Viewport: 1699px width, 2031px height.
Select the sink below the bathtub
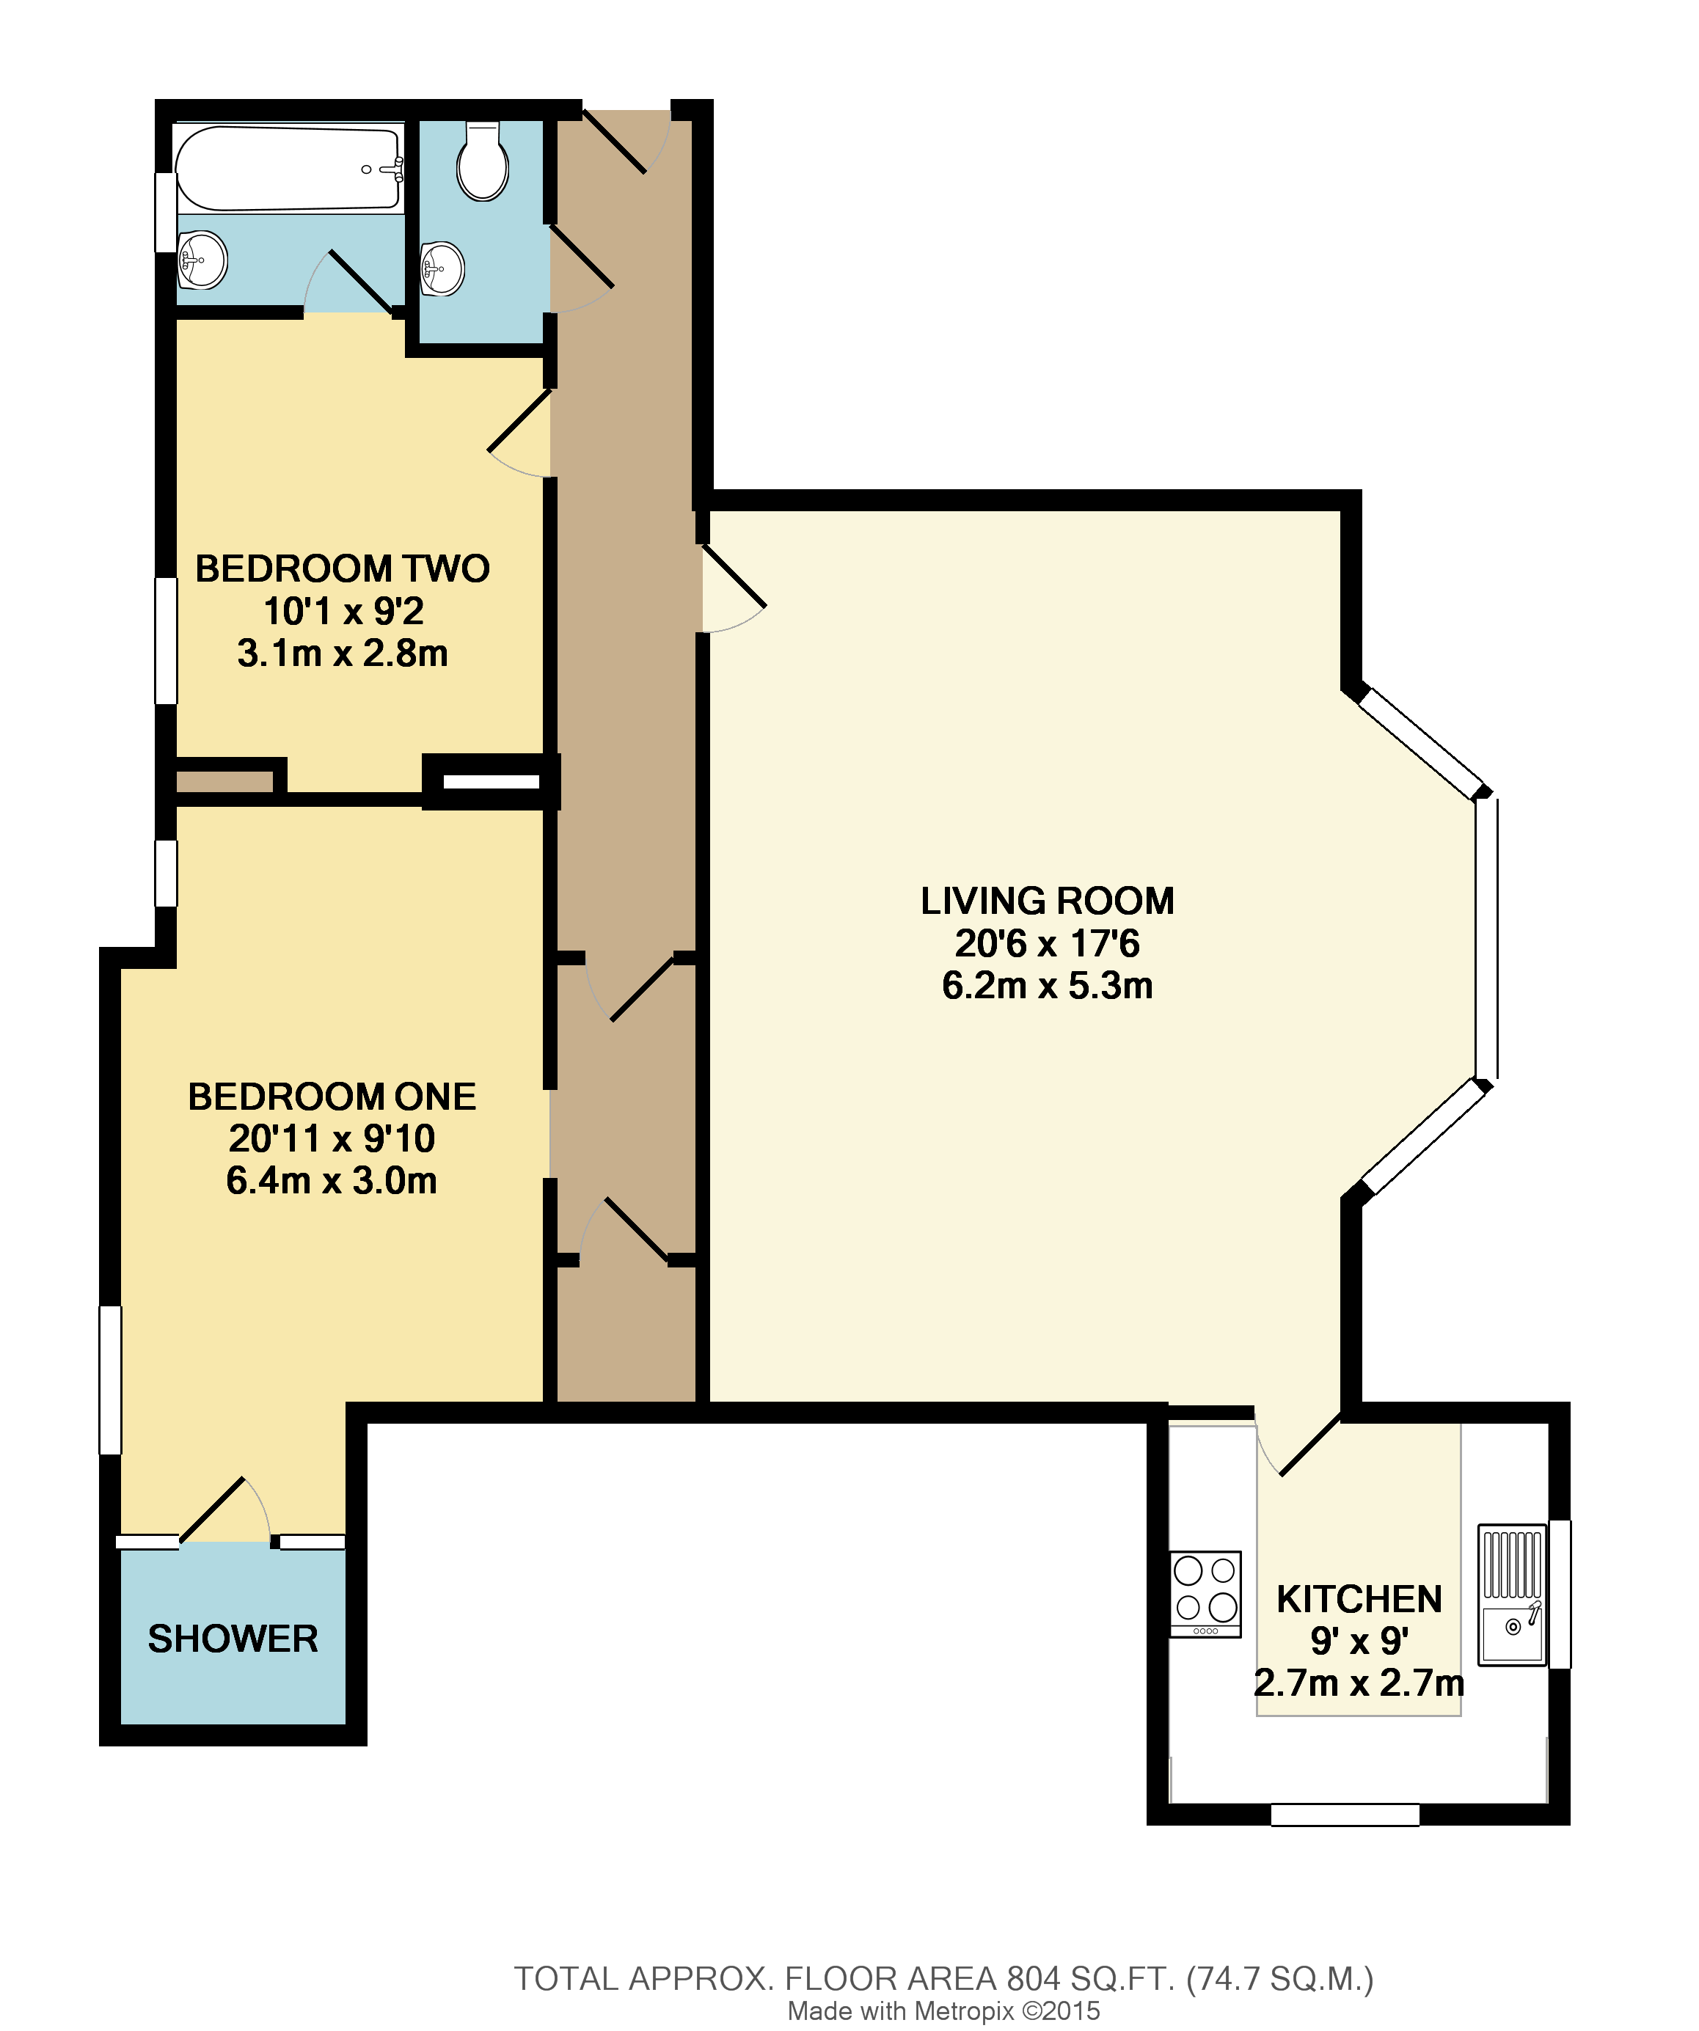(202, 259)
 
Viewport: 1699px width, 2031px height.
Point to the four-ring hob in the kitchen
(1205, 1593)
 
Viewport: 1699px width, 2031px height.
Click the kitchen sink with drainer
(1512, 1594)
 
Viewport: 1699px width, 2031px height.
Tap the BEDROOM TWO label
(343, 568)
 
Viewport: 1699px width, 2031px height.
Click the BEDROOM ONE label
(332, 1097)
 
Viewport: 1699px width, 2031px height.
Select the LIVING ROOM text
(1047, 901)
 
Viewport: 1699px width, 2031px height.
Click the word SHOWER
(233, 1639)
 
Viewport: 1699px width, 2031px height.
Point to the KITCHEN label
(1359, 1599)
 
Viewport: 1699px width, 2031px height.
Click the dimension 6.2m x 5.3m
(1047, 986)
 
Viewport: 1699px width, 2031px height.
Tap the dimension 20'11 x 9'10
(332, 1138)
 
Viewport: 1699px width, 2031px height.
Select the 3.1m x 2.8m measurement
(343, 654)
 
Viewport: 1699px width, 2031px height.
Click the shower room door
(224, 1512)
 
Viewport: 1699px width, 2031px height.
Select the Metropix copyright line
(943, 2010)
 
